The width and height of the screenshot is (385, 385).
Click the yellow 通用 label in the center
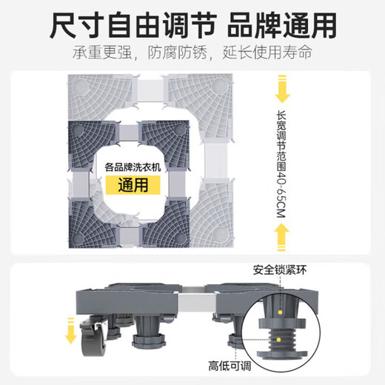click(131, 184)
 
